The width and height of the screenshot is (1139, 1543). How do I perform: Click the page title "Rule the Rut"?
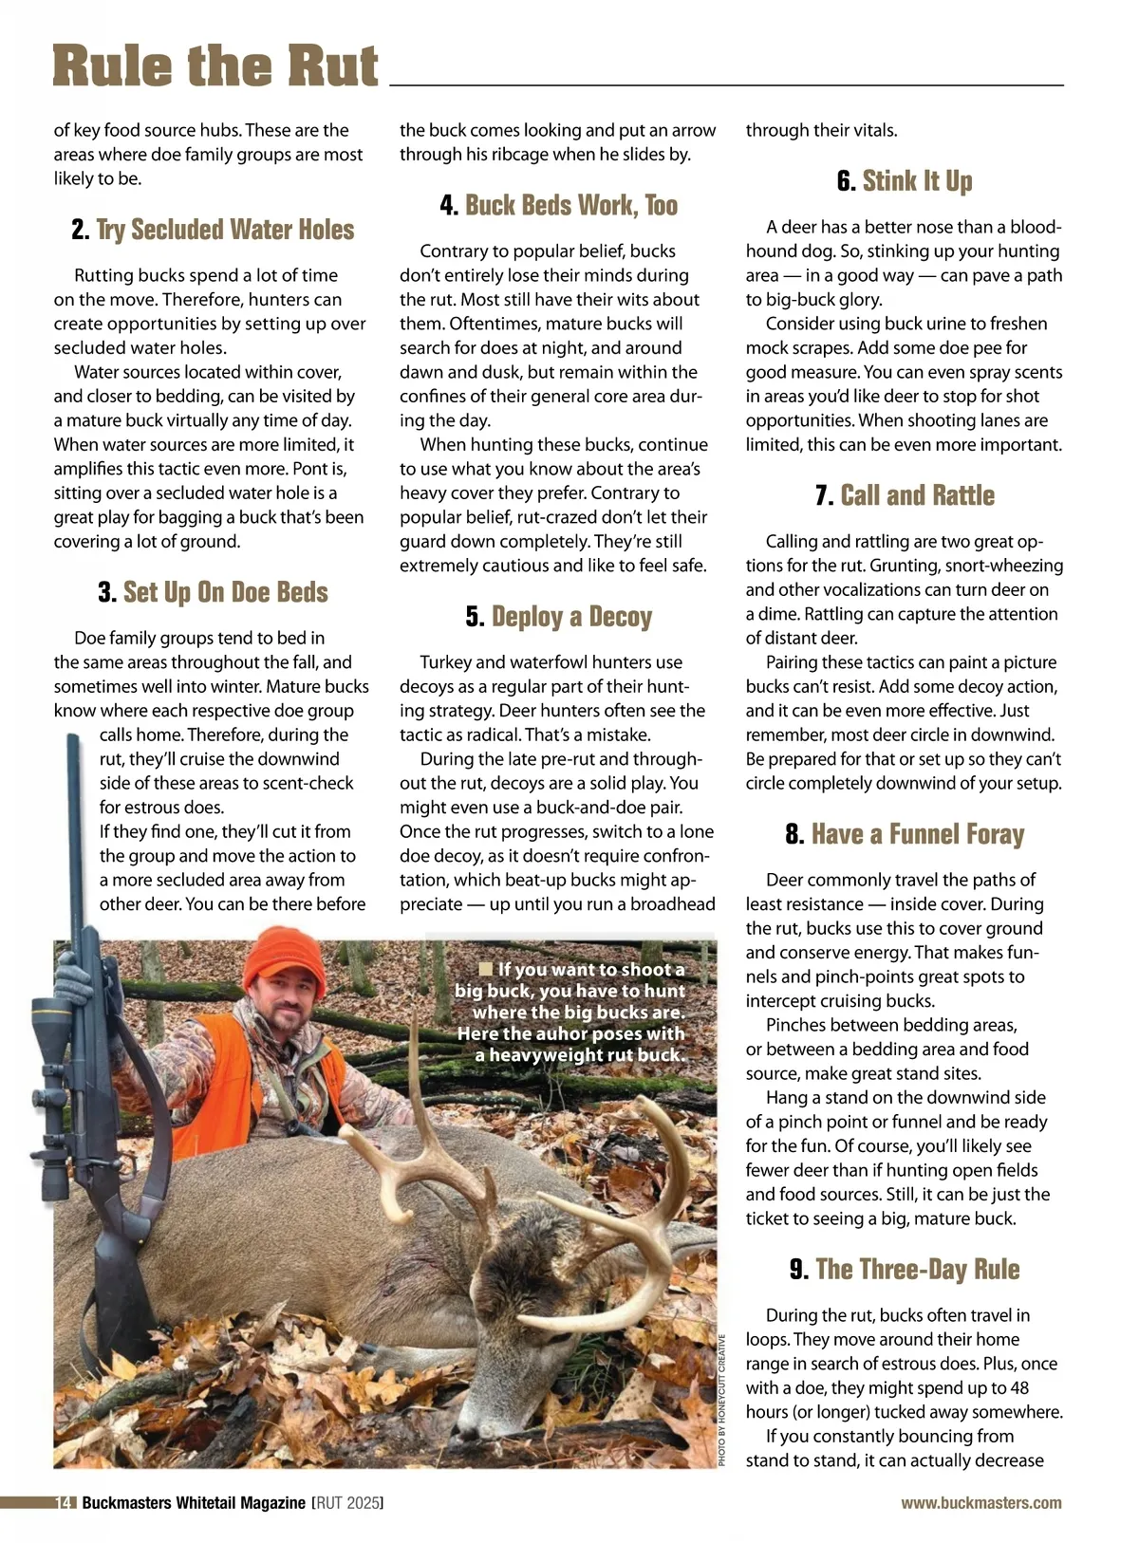click(x=215, y=66)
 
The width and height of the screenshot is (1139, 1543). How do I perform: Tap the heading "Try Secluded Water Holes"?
click(x=224, y=230)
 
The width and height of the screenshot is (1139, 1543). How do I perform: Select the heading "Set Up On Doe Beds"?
click(x=225, y=592)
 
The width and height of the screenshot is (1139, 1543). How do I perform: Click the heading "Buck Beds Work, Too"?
click(x=570, y=205)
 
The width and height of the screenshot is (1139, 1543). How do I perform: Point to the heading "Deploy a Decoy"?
click(x=571, y=617)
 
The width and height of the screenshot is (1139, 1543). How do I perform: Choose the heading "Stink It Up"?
click(x=917, y=181)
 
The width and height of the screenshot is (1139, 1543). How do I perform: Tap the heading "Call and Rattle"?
click(x=917, y=495)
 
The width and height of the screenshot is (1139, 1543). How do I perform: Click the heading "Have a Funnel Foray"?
click(x=917, y=834)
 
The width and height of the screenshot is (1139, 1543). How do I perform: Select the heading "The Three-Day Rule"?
click(x=917, y=1269)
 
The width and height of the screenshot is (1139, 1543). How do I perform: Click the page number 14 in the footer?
click(x=65, y=1503)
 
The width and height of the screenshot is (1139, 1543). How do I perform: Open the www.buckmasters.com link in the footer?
click(x=981, y=1503)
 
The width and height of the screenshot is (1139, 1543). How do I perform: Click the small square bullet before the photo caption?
click(x=486, y=969)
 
